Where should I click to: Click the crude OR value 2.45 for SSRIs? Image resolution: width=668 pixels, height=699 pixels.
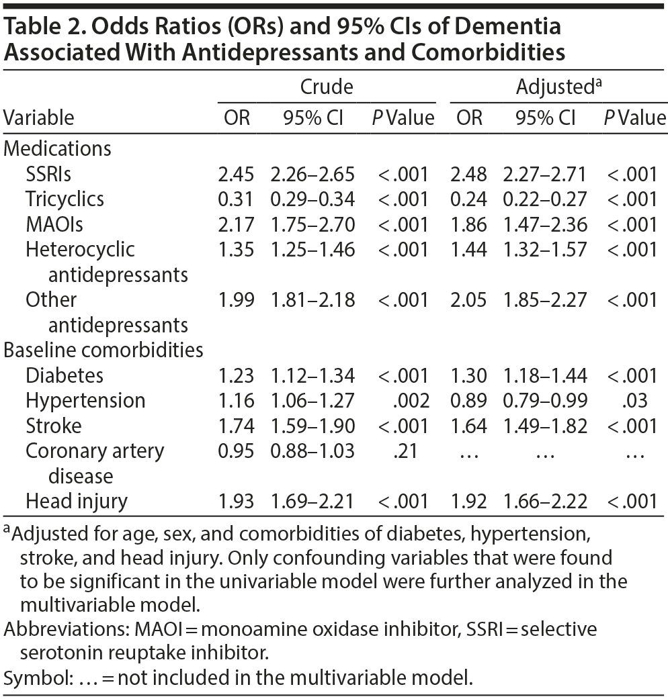[236, 174]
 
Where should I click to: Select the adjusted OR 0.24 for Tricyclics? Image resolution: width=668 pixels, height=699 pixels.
[469, 199]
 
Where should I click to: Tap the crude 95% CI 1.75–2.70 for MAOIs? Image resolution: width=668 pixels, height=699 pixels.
[312, 224]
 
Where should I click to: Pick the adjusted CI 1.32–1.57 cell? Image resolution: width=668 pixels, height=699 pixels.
[545, 249]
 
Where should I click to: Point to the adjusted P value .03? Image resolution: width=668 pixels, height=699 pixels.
[634, 400]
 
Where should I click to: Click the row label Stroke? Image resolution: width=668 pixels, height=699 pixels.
[54, 425]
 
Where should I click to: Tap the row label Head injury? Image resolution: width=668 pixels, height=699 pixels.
[76, 500]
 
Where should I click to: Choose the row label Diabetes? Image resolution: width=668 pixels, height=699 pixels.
[65, 375]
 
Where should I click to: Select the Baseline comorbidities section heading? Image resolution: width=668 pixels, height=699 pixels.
[104, 350]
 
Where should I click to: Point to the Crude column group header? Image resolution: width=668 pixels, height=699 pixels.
[327, 87]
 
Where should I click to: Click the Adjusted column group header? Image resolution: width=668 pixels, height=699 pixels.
[555, 87]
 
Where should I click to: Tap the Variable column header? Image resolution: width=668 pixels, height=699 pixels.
[39, 118]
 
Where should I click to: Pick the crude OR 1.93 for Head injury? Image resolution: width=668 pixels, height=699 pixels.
[236, 500]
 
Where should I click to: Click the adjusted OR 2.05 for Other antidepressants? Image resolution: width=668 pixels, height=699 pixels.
[469, 299]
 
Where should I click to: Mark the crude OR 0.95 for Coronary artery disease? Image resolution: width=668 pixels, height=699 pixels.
[236, 451]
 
